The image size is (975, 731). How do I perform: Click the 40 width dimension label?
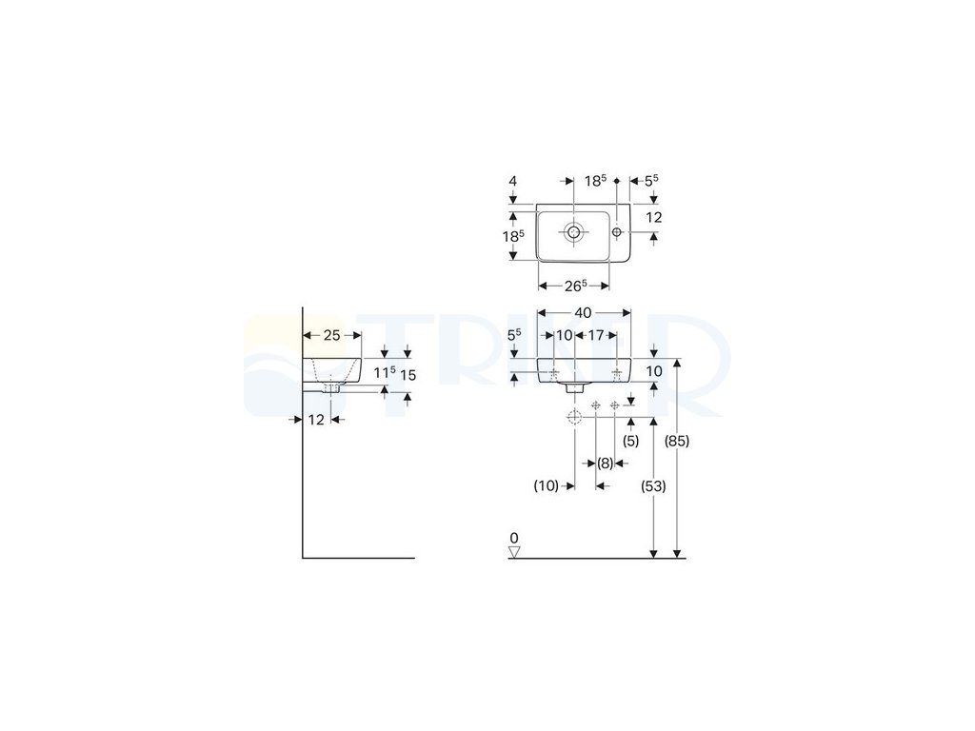tap(584, 312)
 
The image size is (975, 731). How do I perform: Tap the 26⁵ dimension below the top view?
tap(574, 285)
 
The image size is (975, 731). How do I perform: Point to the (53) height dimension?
tap(654, 485)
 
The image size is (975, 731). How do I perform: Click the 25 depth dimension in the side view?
tap(331, 335)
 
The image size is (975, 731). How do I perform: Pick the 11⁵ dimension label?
tap(384, 374)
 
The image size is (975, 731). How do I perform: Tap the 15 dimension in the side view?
tap(408, 375)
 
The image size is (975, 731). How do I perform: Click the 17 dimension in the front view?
tap(595, 335)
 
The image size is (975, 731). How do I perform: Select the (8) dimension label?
tap(605, 464)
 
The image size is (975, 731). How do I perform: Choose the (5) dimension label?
tap(630, 441)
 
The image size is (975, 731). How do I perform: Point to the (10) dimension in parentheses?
tap(546, 485)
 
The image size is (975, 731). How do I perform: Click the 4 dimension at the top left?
tap(512, 180)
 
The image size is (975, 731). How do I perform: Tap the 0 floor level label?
tap(514, 537)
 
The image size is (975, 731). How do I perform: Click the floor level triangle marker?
tap(514, 551)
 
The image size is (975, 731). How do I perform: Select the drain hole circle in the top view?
tap(574, 232)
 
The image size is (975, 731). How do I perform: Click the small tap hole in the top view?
tap(617, 232)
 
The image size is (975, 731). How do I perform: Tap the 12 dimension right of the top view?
tap(653, 217)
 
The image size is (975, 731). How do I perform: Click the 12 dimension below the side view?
tap(316, 420)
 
